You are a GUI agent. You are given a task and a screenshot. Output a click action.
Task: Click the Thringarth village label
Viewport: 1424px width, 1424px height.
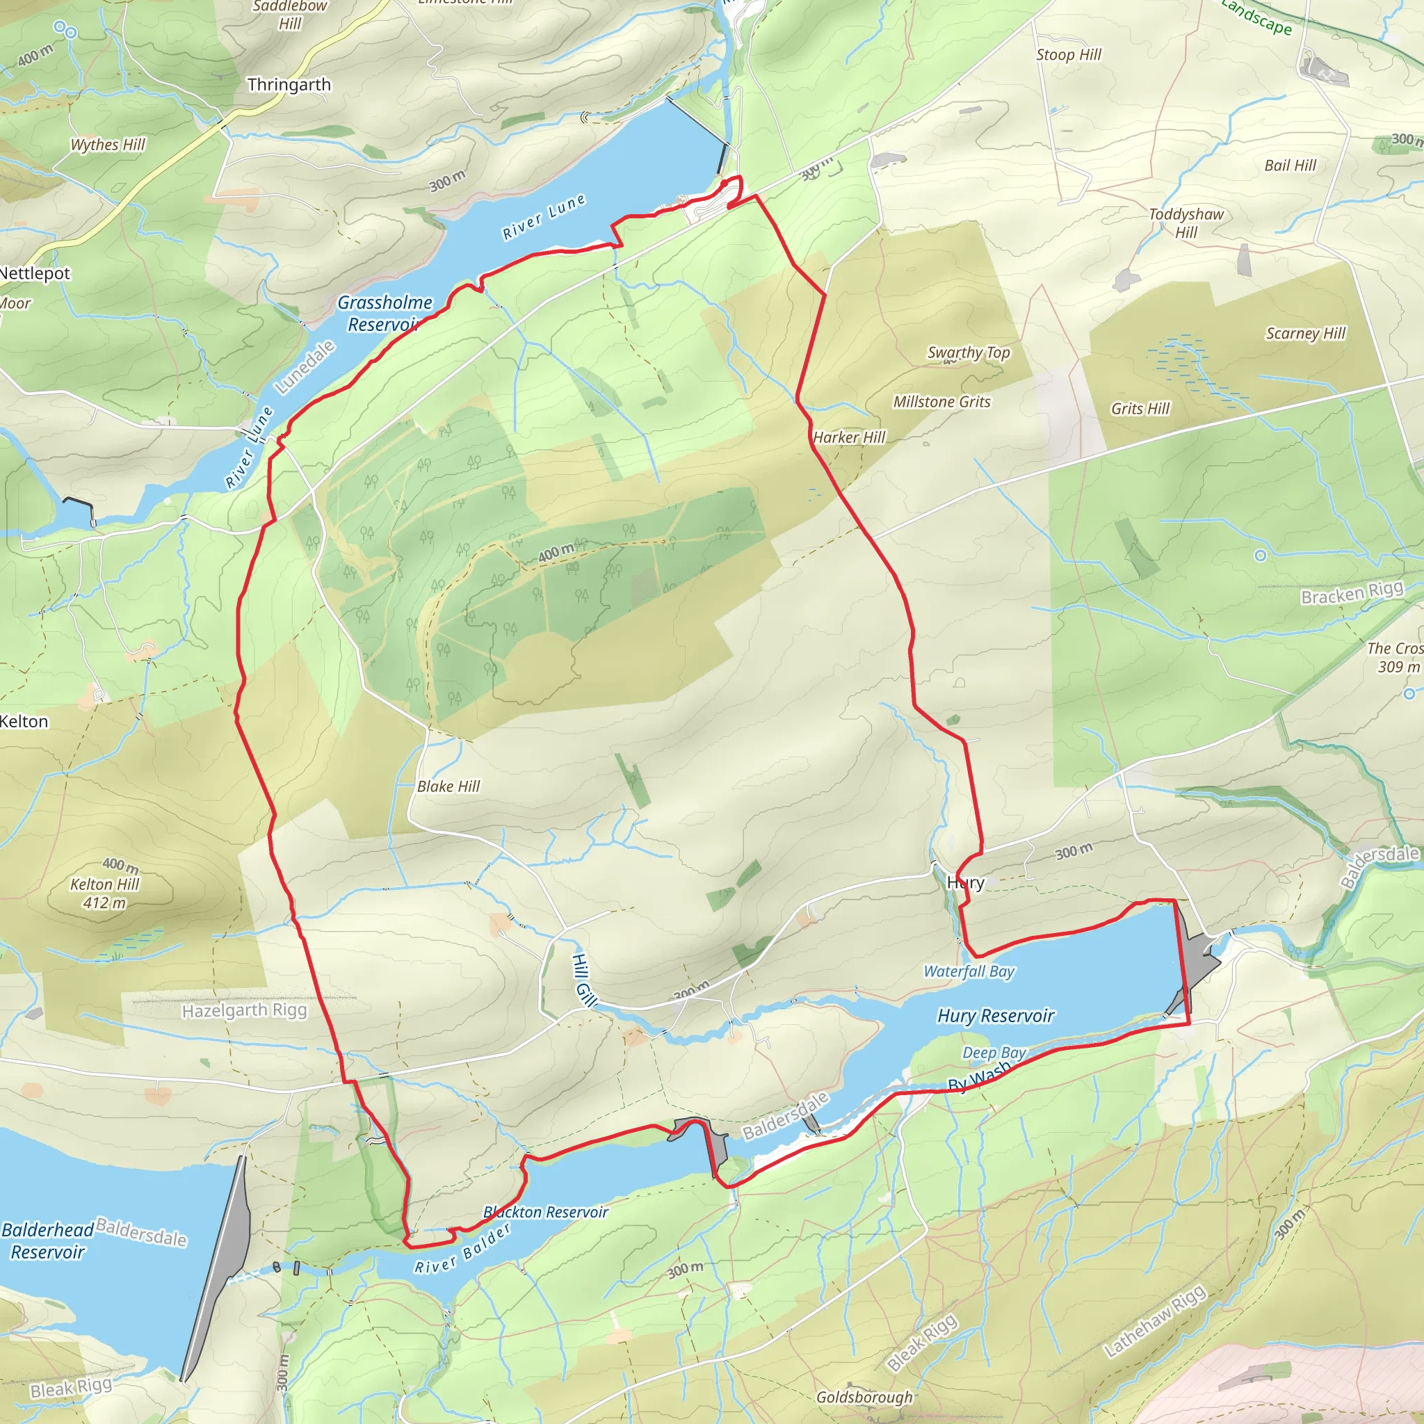coord(289,85)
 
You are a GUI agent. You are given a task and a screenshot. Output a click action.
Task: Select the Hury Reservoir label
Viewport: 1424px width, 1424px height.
coord(996,1016)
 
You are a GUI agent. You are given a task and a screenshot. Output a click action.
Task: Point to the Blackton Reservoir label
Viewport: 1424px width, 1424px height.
coord(545,1213)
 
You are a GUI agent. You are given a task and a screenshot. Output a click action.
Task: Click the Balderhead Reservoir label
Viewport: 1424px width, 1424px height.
coord(47,1240)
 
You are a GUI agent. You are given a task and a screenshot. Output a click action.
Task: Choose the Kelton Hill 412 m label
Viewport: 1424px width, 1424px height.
coord(105,884)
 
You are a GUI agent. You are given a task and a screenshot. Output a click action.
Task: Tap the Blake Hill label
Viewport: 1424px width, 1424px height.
coord(448,786)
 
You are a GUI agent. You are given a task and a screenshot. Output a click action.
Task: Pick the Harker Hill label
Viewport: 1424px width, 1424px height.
coord(849,437)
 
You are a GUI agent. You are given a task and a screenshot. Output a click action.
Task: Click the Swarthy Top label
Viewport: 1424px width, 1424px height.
coord(969,353)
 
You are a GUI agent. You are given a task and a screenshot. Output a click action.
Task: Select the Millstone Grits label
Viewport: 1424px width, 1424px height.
coord(942,402)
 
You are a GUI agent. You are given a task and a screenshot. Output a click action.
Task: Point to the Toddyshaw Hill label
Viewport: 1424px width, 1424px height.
coord(1186,222)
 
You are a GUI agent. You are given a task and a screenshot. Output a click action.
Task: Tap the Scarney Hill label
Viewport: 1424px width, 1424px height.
coord(1306,333)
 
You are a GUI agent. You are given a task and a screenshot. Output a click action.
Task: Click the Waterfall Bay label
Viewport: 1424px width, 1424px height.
coord(969,971)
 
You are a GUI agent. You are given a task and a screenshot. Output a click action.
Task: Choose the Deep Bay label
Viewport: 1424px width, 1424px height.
coord(994,1053)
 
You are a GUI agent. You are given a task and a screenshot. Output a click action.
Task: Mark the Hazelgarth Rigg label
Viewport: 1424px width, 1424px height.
coord(244,1010)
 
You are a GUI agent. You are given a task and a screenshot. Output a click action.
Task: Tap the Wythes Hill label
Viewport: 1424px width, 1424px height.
coord(108,145)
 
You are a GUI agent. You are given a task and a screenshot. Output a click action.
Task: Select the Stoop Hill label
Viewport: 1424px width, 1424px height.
coord(1069,54)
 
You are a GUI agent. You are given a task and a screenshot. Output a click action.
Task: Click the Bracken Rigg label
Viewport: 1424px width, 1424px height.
coord(1352,592)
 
